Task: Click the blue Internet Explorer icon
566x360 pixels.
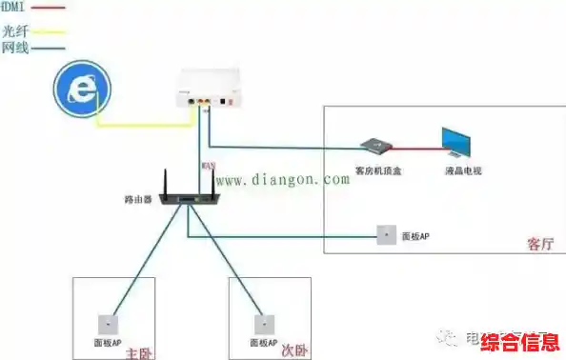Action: pos(83,90)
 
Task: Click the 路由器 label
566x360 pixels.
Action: pos(139,201)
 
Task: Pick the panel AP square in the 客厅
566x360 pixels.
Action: pos(387,235)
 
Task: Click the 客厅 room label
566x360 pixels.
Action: pos(540,244)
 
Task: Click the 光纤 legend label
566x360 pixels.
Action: pos(15,30)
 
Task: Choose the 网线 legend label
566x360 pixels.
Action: pos(15,46)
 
